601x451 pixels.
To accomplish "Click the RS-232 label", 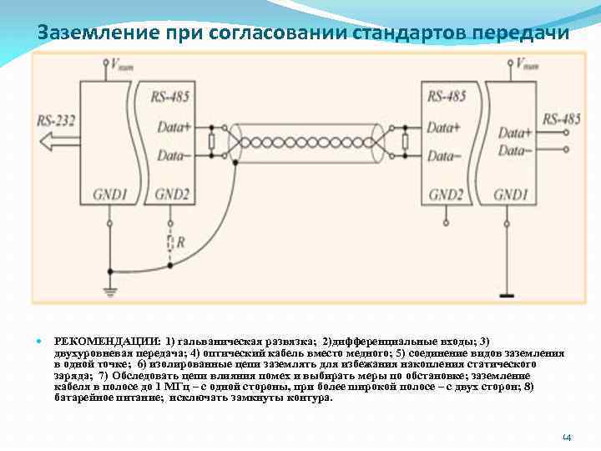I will coord(56,120).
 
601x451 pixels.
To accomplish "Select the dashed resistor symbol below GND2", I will coord(170,242).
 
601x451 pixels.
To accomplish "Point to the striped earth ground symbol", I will coord(109,291).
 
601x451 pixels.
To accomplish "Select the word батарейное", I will coord(85,398).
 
